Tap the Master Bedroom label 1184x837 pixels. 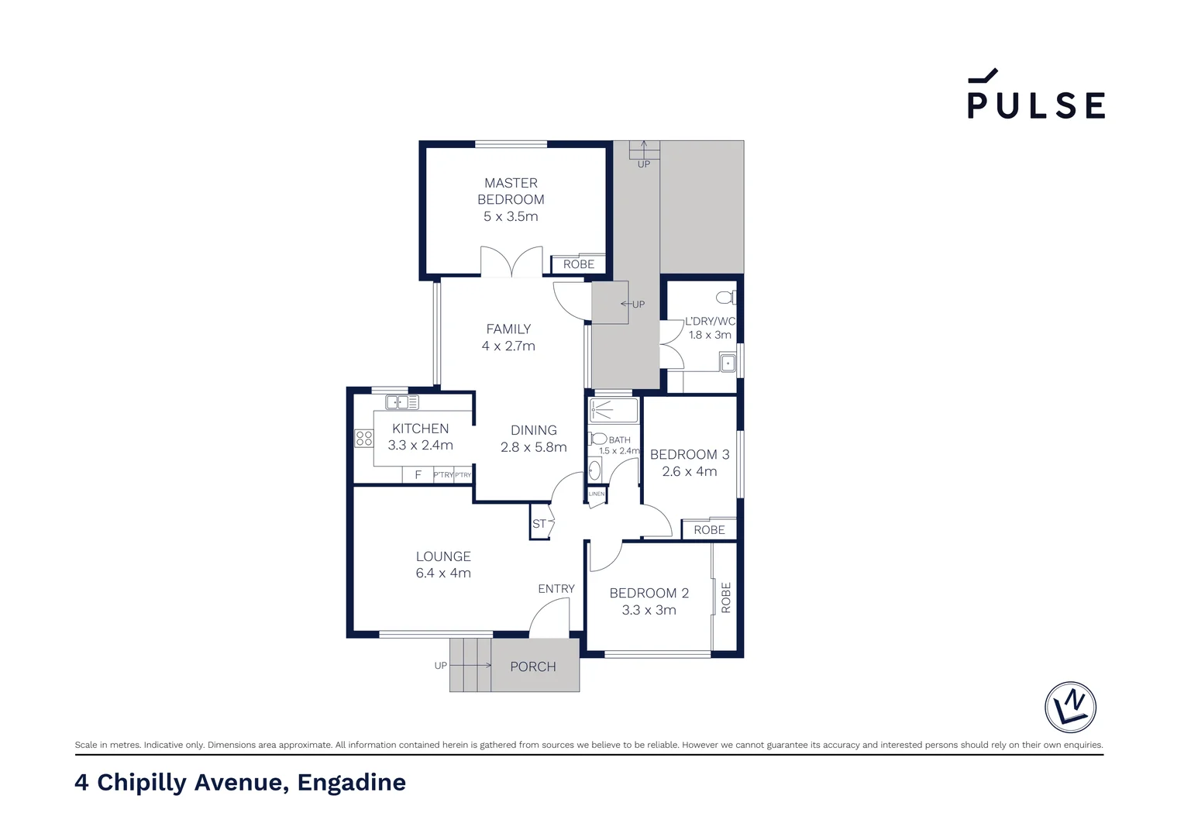point(511,191)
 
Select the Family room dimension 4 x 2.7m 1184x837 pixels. point(508,346)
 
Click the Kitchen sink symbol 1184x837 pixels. point(402,402)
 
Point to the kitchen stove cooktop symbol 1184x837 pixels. point(364,439)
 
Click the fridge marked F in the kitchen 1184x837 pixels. point(418,475)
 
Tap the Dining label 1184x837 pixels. point(533,430)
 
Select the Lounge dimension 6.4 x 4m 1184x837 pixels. point(443,573)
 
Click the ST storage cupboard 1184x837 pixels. point(539,524)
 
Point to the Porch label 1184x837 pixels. point(533,666)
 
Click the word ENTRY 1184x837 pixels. point(556,589)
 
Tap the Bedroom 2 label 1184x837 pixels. point(649,593)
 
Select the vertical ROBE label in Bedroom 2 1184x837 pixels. point(726,598)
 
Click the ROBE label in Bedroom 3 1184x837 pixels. point(709,530)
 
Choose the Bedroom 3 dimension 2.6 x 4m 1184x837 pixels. point(690,471)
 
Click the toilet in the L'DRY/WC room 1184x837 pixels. point(725,297)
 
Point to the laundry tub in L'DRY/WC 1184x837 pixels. point(727,363)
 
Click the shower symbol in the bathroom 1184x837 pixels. point(613,410)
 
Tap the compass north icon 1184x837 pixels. point(1070,707)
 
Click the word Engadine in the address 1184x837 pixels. point(351,783)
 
